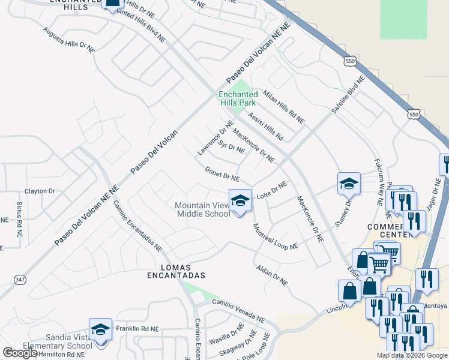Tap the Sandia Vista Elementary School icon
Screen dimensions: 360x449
point(100,329)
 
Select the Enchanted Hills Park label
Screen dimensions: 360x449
point(237,98)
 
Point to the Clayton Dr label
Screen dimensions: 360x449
point(40,191)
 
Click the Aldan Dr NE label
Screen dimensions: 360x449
point(272,275)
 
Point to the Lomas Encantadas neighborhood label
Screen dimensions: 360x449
point(176,271)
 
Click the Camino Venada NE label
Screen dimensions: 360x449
point(238,311)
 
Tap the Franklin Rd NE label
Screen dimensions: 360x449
point(137,329)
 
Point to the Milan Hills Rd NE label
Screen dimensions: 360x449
point(284,107)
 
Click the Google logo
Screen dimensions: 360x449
point(20,353)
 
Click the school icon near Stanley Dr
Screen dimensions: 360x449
point(349,184)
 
